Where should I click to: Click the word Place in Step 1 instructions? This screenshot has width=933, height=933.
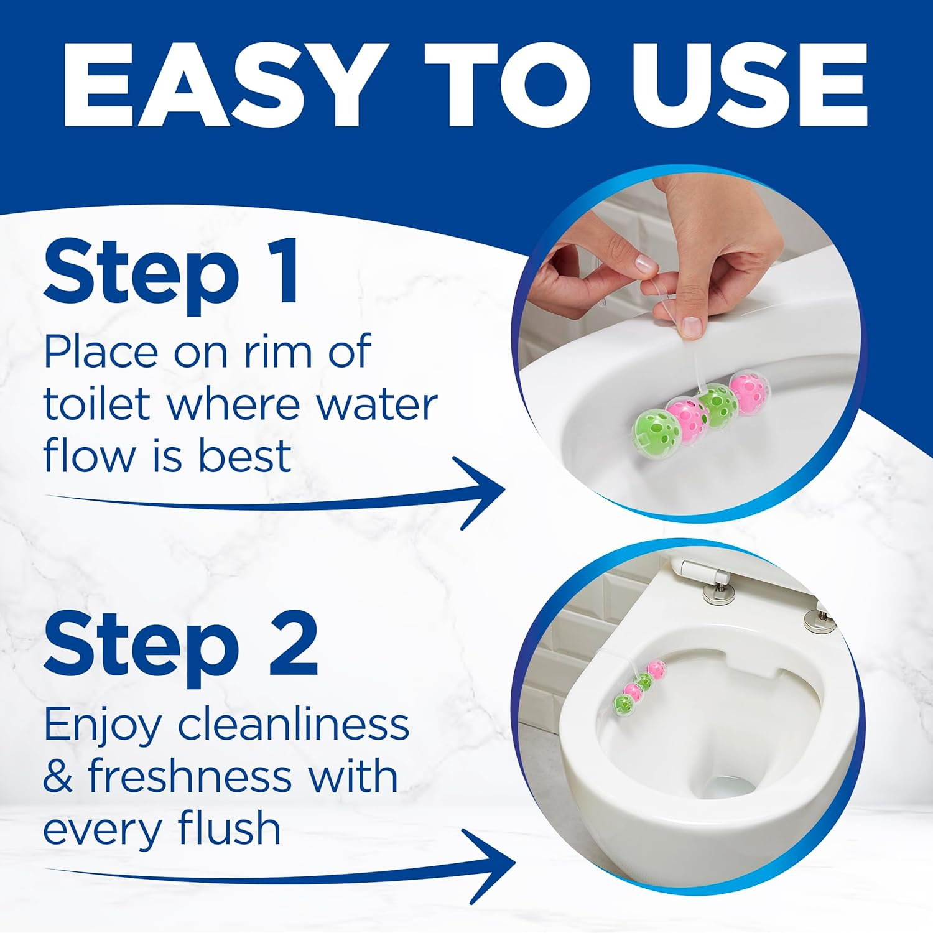[101, 351]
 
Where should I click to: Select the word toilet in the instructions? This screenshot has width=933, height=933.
[98, 404]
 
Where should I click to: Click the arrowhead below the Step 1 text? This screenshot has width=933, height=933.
[482, 493]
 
